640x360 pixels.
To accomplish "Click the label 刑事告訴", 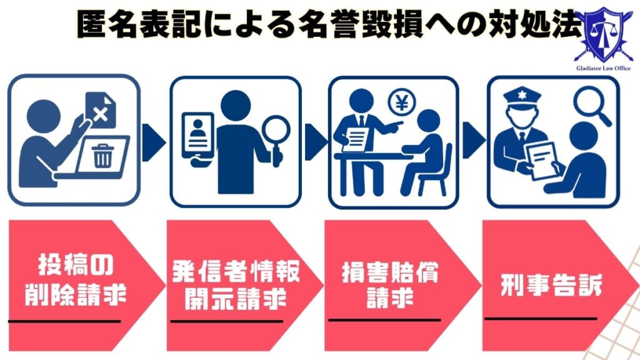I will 542,287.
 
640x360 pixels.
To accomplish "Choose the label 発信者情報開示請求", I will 236,286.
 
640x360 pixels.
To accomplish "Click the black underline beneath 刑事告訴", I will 541,318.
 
